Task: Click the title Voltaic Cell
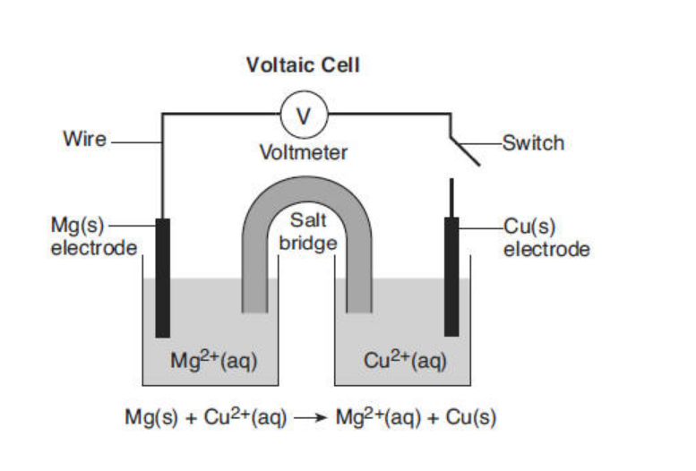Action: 303,65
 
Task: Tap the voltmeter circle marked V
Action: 304,115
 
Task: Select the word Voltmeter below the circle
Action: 303,152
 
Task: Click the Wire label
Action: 84,139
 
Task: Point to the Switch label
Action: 534,142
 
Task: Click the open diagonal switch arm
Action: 465,150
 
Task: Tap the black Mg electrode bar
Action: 162,278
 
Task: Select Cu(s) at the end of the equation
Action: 472,418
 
